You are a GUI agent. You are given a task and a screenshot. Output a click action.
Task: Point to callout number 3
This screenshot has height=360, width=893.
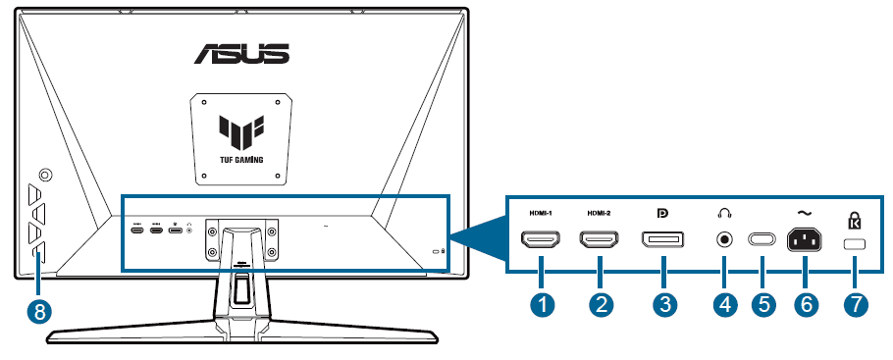664,305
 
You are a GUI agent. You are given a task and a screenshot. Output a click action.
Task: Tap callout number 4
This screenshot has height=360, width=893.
725,305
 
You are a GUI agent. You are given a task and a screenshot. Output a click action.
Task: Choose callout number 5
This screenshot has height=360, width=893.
762,305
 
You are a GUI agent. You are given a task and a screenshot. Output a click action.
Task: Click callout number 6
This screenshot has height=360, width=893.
805,305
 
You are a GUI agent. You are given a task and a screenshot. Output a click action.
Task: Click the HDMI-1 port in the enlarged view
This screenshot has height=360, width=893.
541,239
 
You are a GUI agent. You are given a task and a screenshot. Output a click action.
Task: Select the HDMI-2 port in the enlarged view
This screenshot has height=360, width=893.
600,239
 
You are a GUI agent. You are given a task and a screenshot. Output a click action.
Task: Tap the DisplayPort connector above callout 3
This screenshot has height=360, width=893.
664,239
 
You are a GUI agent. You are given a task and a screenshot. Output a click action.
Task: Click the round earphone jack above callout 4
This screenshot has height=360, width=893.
725,239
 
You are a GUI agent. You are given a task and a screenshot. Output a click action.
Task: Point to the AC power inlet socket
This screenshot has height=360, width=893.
805,239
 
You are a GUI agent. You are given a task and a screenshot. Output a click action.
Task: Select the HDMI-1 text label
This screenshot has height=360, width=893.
541,213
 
